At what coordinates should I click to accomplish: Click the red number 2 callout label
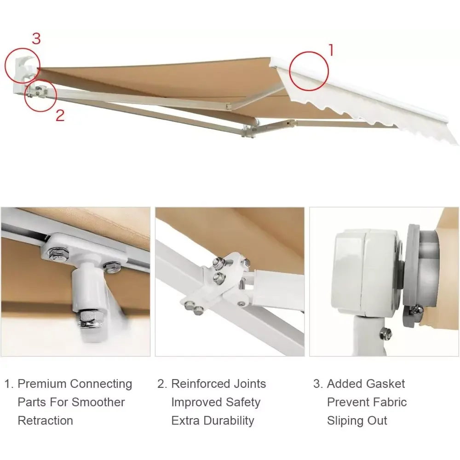click(60, 115)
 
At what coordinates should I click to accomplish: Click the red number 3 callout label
click(36, 39)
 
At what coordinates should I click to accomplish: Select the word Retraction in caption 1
click(45, 420)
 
